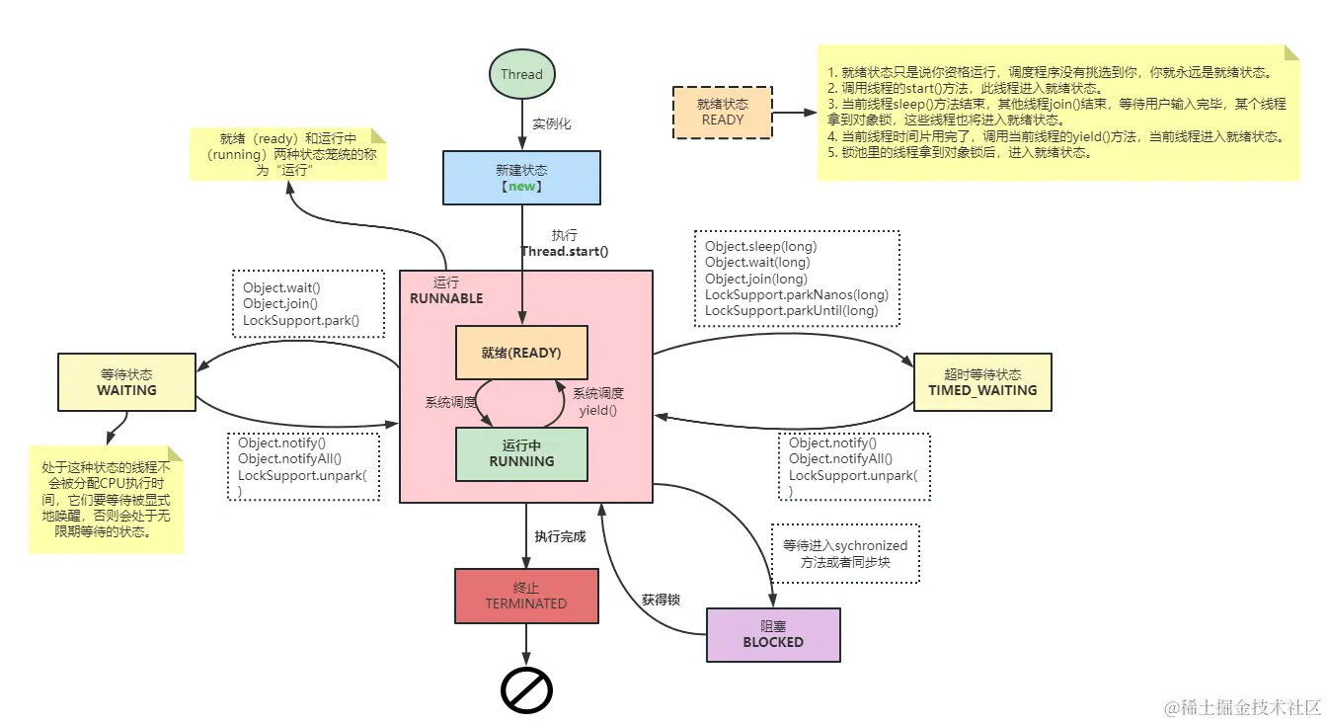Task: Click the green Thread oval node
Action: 521,74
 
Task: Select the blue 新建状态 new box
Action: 521,178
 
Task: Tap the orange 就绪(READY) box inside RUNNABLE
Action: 521,352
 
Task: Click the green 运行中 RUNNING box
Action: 521,453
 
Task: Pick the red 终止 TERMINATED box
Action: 526,596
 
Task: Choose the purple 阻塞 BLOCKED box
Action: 773,634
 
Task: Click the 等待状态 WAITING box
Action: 126,382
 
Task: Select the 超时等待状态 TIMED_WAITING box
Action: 982,382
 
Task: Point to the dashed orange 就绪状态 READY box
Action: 722,112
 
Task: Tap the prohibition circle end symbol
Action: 526,690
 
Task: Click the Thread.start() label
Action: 565,251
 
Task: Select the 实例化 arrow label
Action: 552,124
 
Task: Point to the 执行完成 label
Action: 560,536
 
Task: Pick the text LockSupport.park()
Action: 301,320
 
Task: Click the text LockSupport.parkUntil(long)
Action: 791,310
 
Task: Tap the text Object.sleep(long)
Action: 760,246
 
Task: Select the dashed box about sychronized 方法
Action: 845,553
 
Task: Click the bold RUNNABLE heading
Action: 446,298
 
